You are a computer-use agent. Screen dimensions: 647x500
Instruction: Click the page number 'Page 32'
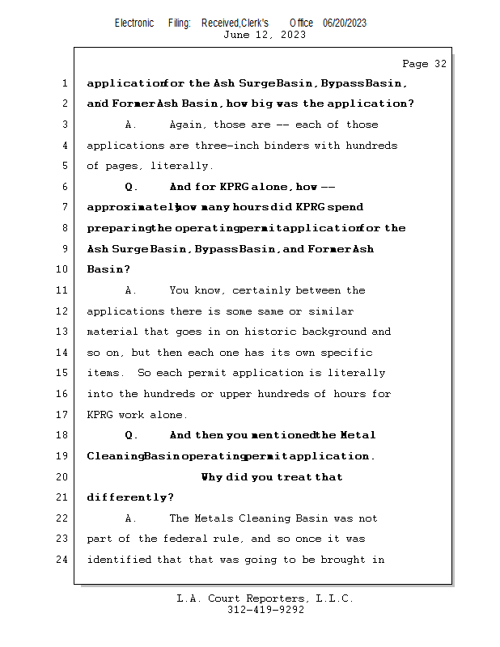[424, 64]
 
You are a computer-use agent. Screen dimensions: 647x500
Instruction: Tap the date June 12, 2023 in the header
[264, 35]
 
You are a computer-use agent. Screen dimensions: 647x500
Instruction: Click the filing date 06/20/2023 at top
[344, 23]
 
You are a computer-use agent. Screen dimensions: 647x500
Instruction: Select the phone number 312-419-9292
[265, 610]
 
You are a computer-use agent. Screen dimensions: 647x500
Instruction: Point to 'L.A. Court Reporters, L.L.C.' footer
[265, 598]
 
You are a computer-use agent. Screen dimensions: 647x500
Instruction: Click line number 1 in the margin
[64, 83]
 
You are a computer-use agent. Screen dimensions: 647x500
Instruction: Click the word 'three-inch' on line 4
[244, 146]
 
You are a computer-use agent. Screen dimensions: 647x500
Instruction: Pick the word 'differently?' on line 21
[130, 497]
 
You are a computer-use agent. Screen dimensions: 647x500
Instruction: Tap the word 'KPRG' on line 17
[102, 415]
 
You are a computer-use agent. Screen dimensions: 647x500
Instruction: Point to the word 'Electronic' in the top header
[134, 23]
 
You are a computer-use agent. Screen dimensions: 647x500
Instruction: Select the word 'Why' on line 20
[212, 477]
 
